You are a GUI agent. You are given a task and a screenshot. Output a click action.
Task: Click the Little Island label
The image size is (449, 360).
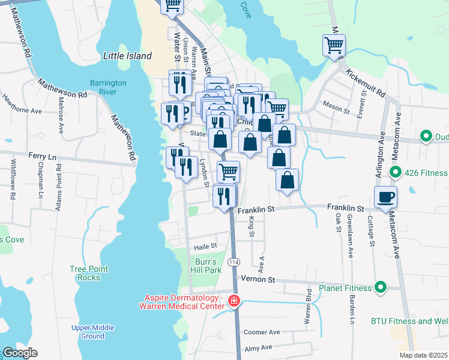[126, 56]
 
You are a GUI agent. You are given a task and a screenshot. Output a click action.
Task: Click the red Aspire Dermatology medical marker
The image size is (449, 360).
[234, 301]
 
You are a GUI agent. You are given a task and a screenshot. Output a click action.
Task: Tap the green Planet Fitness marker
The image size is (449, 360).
[380, 287]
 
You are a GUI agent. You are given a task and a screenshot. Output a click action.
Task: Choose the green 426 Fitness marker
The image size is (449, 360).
[395, 173]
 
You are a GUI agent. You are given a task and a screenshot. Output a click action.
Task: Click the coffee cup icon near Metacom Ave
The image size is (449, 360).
[385, 196]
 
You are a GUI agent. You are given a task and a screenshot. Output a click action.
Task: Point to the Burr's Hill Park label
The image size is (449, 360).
[204, 266]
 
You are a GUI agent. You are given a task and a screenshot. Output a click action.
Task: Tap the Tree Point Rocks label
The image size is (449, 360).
[89, 273]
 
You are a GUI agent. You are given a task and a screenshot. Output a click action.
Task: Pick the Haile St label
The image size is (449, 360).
[205, 247]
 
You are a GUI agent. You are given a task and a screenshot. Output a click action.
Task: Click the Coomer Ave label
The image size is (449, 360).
[262, 332]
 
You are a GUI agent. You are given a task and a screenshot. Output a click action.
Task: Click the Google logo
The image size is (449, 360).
[20, 353]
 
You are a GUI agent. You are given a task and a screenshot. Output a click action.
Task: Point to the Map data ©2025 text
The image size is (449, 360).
[423, 355]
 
